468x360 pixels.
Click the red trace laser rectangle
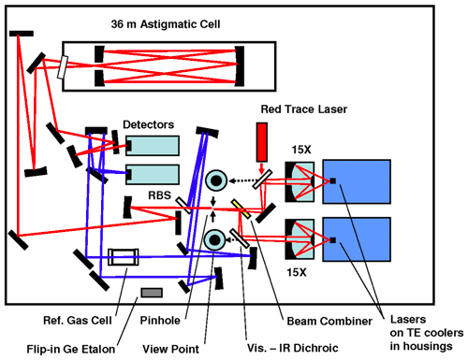click(x=262, y=142)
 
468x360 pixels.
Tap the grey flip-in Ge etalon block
click(x=152, y=293)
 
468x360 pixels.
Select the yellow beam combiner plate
click(x=241, y=209)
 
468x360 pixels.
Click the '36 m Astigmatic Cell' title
click(x=166, y=24)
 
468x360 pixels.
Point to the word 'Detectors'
click(x=148, y=124)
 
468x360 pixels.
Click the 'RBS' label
click(x=159, y=195)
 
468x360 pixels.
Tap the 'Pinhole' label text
click(x=160, y=321)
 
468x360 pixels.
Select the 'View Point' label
click(x=170, y=349)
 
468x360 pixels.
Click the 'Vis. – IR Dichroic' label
click(x=293, y=348)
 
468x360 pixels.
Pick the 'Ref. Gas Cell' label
click(x=78, y=321)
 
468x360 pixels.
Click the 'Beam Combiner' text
click(x=329, y=321)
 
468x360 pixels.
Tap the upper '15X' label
click(x=301, y=150)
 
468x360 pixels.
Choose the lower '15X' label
click(x=297, y=272)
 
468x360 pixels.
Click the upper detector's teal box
click(x=153, y=146)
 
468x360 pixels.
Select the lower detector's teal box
click(x=153, y=174)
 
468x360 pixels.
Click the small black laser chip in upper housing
click(x=333, y=180)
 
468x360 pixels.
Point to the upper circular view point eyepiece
click(x=216, y=180)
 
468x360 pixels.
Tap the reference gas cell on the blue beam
click(x=124, y=257)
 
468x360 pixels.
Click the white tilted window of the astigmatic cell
click(x=63, y=67)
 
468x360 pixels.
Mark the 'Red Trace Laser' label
click(x=304, y=109)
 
